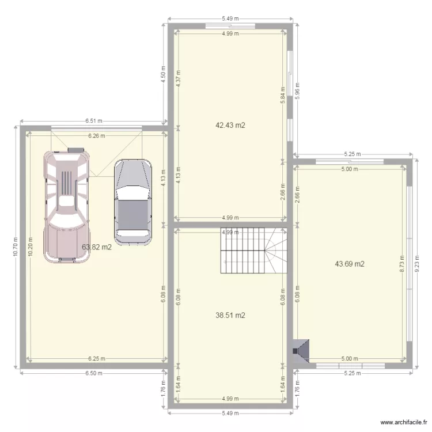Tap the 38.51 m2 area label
coord(230,316)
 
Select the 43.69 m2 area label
coord(350,264)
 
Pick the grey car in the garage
coord(133,199)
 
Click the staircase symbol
coord(253,251)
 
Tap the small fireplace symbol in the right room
coord(301,350)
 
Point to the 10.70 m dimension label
coord(16,247)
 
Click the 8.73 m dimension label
coord(401,263)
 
